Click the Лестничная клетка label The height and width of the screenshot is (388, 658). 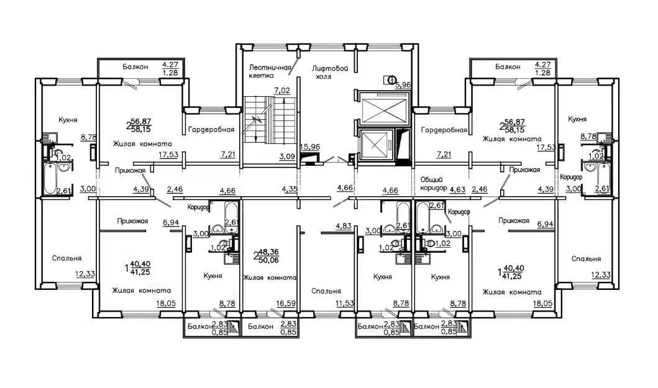tap(270, 71)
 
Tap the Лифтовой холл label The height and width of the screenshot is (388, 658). tap(331, 72)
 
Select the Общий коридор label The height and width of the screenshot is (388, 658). tap(434, 183)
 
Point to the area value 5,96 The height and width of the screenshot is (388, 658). tap(403, 84)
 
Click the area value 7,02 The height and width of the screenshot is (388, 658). tap(282, 90)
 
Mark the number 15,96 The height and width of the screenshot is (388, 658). tap(310, 147)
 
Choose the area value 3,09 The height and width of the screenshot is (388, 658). tap(288, 156)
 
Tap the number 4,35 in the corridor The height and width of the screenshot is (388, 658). tap(290, 189)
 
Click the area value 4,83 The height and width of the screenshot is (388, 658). tap(343, 226)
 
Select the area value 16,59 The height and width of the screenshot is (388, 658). tap(286, 304)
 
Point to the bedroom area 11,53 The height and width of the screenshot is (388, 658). tap(344, 304)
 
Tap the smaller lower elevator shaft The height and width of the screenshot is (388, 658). tap(375, 145)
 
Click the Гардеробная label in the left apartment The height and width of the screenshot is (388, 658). tap(211, 130)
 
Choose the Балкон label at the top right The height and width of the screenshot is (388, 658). tap(508, 66)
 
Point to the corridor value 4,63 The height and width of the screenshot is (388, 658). tap(457, 189)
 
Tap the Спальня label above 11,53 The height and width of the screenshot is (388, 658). tap(326, 291)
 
